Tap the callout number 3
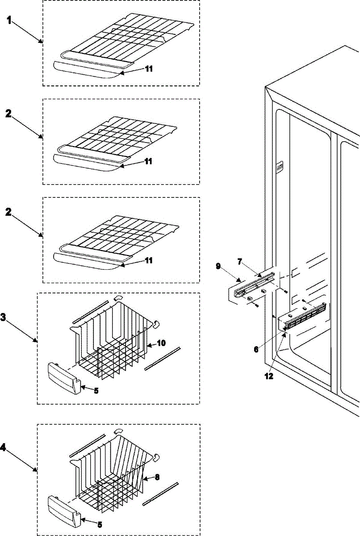pyautogui.click(x=4, y=318)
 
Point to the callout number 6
pyautogui.click(x=256, y=349)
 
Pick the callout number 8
pyautogui.click(x=157, y=477)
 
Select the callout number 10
pyautogui.click(x=161, y=343)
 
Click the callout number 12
pyautogui.click(x=268, y=376)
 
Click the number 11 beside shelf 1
pyautogui.click(x=148, y=69)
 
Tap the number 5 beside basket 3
pyautogui.click(x=96, y=390)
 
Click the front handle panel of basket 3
pyautogui.click(x=65, y=376)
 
